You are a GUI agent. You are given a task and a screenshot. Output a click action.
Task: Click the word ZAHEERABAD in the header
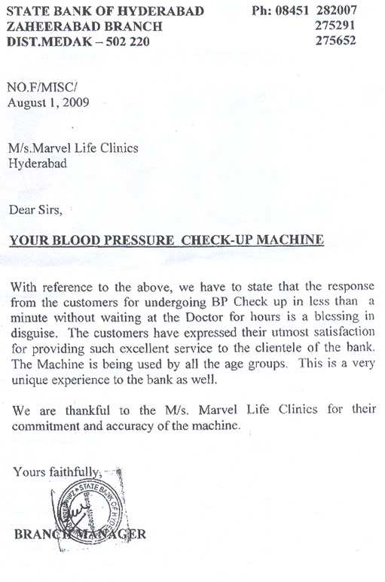click(x=44, y=26)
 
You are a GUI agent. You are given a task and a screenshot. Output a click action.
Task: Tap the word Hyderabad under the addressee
click(x=36, y=162)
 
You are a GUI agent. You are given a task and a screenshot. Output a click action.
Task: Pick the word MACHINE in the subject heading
click(x=288, y=241)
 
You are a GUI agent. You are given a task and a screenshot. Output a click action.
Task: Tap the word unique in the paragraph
click(x=30, y=380)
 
